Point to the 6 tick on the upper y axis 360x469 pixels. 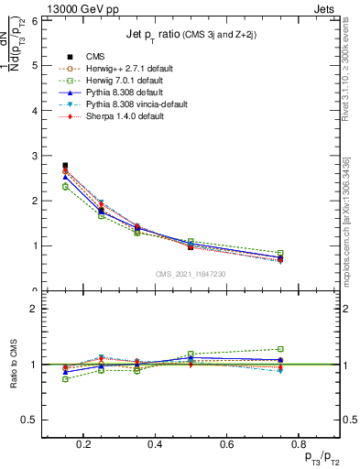click(34, 20)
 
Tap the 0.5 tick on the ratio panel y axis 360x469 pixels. click(30, 420)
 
